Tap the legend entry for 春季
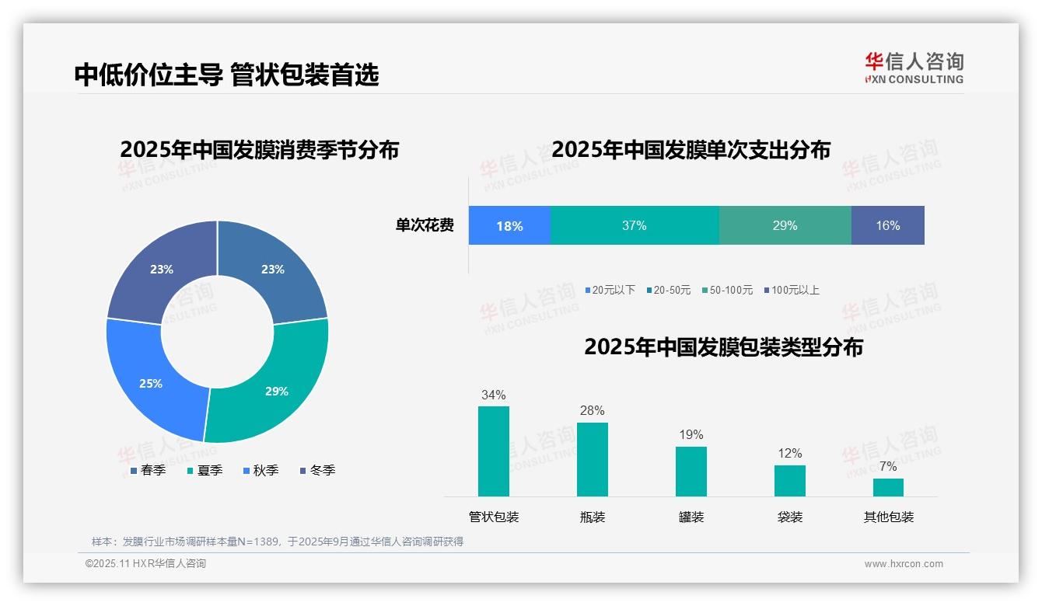point(148,470)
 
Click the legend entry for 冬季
point(317,470)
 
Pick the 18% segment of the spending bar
point(509,225)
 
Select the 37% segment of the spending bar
point(635,225)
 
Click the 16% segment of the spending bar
point(887,225)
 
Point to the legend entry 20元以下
point(610,290)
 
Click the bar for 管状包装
point(493,451)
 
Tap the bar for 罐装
point(691,472)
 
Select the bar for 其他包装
point(888,487)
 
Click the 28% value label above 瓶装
point(592,410)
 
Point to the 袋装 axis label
point(789,517)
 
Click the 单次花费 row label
point(425,225)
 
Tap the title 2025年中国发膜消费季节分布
point(259,149)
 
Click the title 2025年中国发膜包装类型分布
point(723,347)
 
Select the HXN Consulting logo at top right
point(914,68)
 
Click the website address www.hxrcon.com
point(903,564)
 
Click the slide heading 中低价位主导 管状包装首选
point(226,75)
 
